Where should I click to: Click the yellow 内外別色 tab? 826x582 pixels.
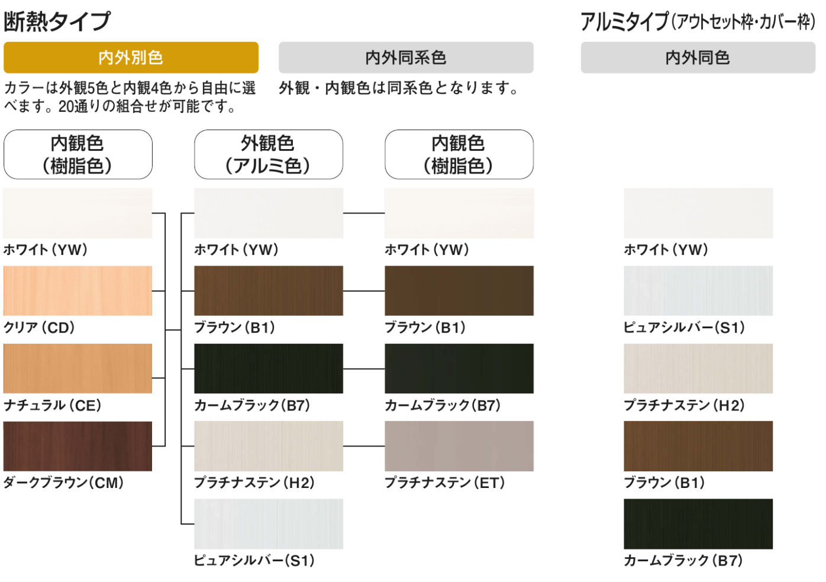131,57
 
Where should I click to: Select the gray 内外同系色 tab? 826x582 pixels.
406,57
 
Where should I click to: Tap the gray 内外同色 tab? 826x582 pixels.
698,57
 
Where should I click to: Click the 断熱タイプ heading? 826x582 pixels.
57,21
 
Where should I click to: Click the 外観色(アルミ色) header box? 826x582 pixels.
268,154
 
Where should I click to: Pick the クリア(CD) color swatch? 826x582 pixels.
78,290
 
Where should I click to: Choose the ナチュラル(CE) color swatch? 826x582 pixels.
78,368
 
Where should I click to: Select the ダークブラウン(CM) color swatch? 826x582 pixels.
78,446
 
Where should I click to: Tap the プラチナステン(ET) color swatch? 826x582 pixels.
459,446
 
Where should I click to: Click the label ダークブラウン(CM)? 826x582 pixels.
64,483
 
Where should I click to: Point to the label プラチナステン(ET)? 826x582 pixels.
445,483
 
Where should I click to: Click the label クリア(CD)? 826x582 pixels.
39,327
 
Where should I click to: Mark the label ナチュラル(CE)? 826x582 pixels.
53,405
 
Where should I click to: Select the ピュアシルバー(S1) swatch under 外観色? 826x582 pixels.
268,523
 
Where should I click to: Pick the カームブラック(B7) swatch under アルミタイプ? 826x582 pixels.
698,523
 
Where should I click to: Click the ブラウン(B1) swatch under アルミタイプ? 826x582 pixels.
698,446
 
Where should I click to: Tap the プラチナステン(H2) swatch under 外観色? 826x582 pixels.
268,446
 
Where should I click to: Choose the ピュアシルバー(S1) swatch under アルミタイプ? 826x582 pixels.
698,290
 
